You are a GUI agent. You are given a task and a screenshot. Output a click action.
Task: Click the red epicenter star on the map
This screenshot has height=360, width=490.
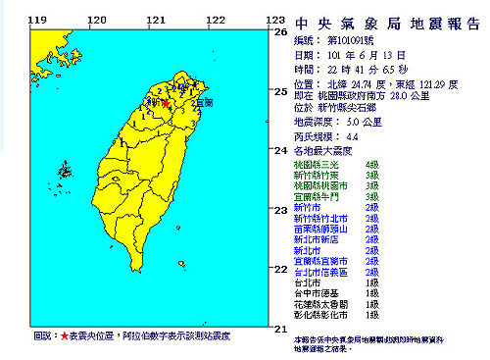coord(165,102)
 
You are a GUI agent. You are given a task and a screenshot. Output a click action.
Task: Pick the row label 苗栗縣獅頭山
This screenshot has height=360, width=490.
coord(321,233)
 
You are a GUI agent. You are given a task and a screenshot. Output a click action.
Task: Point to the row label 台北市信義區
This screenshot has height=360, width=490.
coord(321,270)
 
